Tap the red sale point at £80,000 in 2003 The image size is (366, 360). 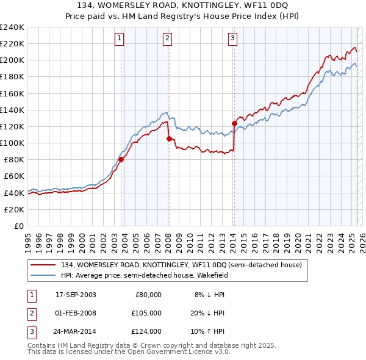pos(121,160)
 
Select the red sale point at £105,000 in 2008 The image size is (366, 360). pos(169,139)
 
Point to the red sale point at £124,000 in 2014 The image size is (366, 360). pos(234,123)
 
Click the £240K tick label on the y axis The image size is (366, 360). pos(12,27)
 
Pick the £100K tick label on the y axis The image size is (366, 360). pos(12,143)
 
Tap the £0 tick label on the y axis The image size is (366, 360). pos(18,226)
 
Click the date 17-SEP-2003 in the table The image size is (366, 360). pos(76,295)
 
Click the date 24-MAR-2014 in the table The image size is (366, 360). pos(76,331)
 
